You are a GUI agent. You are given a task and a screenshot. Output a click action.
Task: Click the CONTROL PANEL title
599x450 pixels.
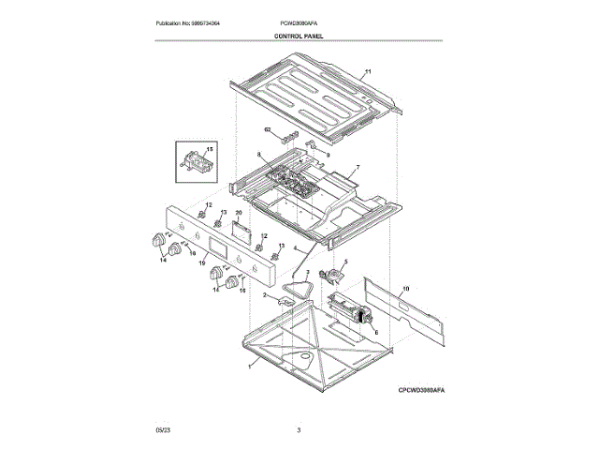pos(299,36)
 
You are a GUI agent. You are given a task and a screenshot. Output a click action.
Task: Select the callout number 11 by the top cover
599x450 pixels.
pos(368,72)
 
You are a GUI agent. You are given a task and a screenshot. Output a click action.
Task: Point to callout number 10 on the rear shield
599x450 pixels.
pos(405,290)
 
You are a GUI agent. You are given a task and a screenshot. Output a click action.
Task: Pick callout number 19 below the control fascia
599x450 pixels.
pos(202,265)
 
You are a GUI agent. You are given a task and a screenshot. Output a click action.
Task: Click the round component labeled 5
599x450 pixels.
pos(330,276)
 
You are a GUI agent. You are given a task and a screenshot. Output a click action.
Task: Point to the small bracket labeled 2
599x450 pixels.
pos(285,302)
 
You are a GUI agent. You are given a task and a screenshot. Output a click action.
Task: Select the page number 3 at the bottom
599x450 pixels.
pos(299,429)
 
